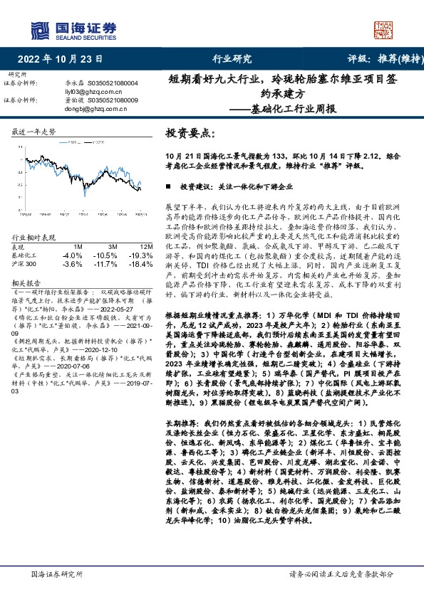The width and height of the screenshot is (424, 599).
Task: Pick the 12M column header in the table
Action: (x=147, y=247)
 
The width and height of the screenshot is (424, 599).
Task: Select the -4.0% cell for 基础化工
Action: (x=72, y=255)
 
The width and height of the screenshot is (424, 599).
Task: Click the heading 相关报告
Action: (x=28, y=282)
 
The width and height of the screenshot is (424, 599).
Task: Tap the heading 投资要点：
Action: (x=190, y=133)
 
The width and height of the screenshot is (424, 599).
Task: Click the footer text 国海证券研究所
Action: (x=54, y=573)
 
